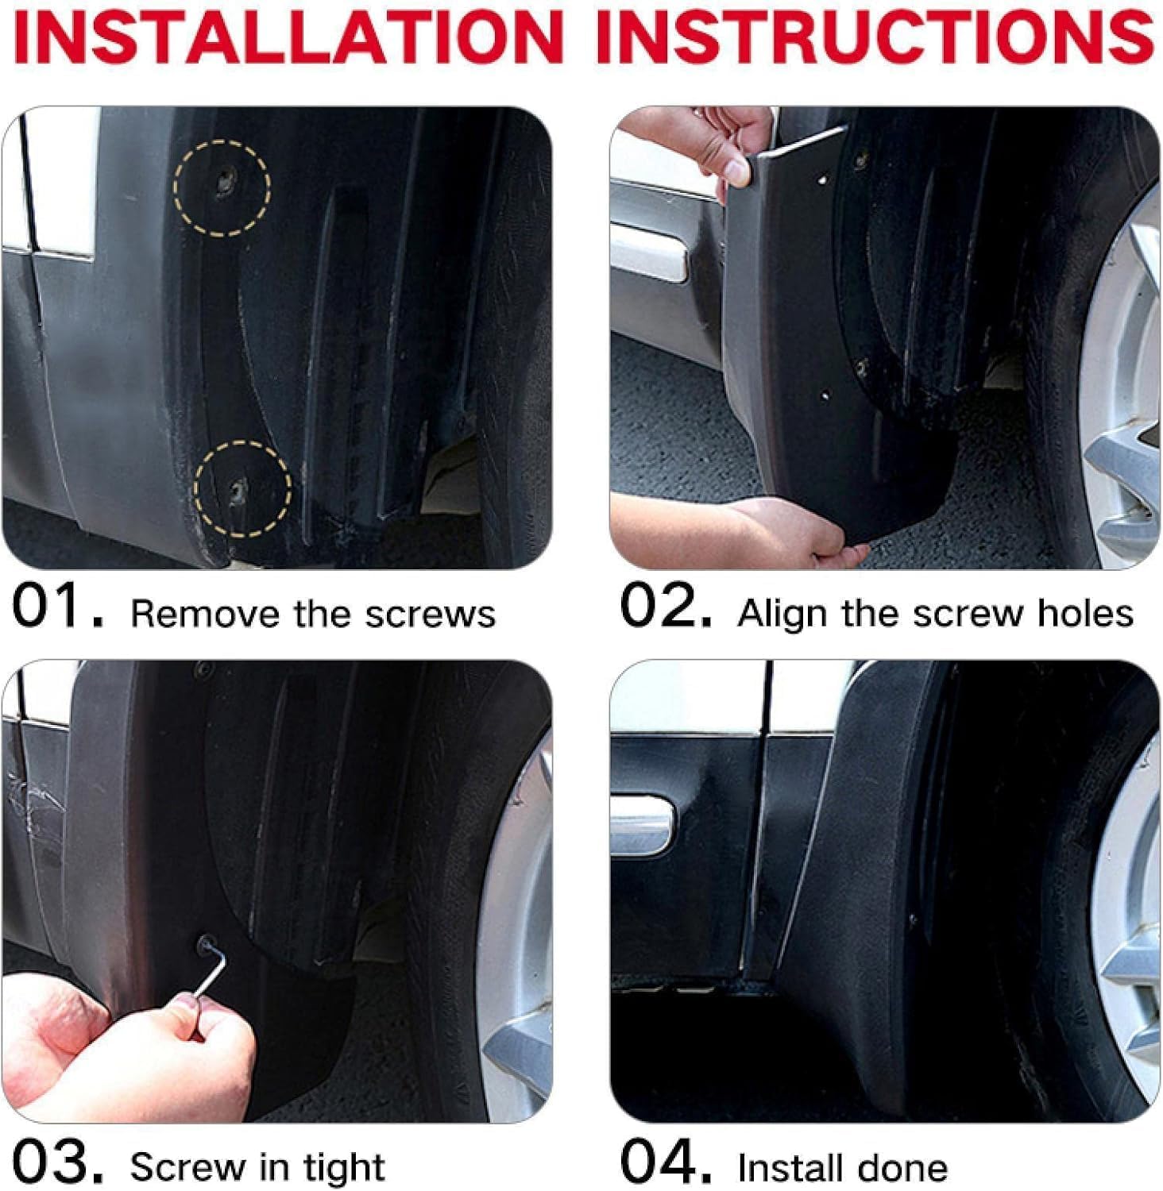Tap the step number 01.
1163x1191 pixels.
pos(56,607)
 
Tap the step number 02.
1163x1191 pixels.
pos(664,607)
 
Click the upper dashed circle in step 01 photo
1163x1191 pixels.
pos(222,187)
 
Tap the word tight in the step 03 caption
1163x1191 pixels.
pos(346,1167)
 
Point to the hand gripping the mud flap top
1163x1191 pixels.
pos(719,147)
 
